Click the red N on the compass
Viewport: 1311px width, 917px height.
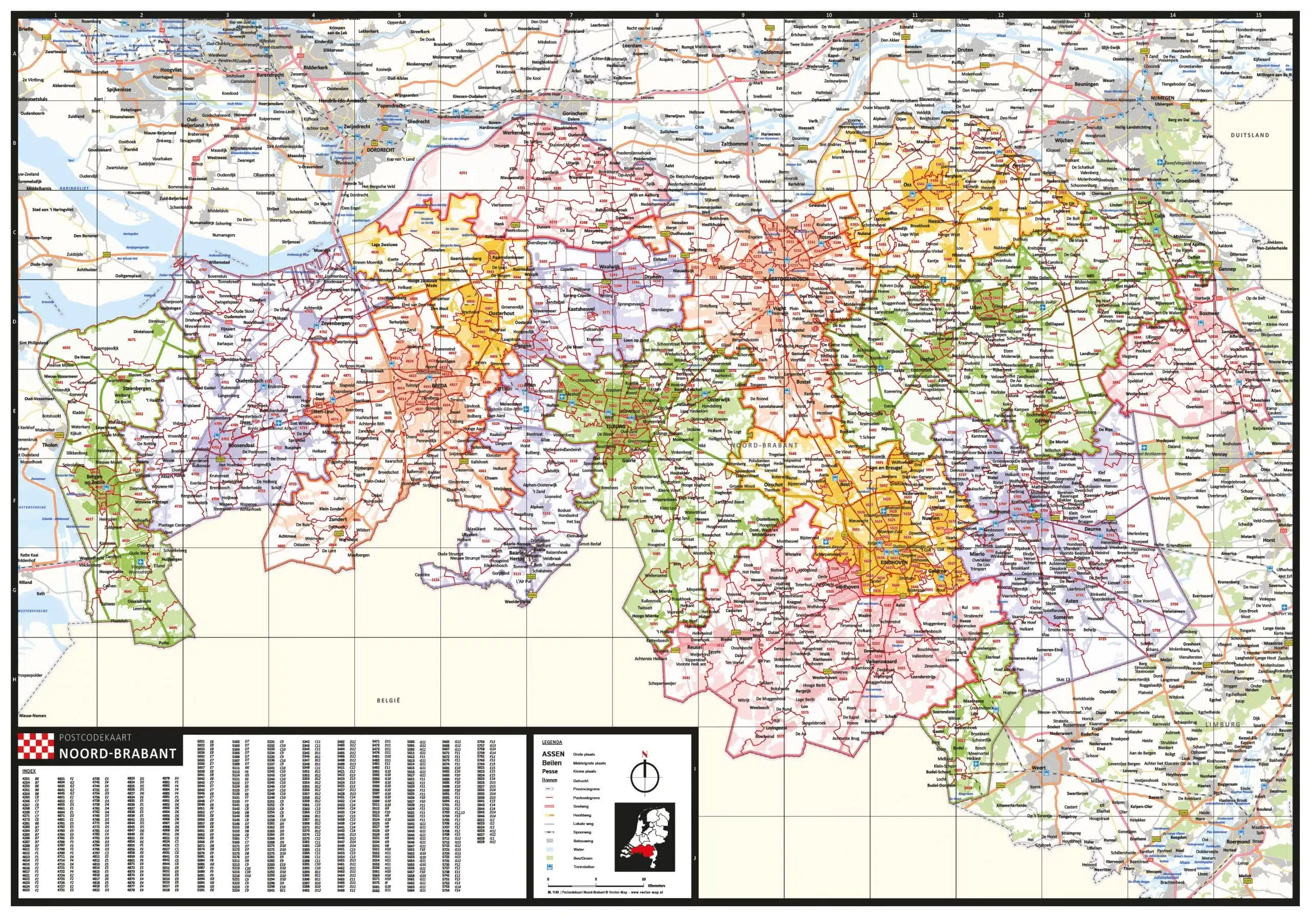point(645,754)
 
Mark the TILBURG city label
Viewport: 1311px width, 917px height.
point(616,426)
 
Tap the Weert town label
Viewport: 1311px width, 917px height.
point(1038,768)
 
